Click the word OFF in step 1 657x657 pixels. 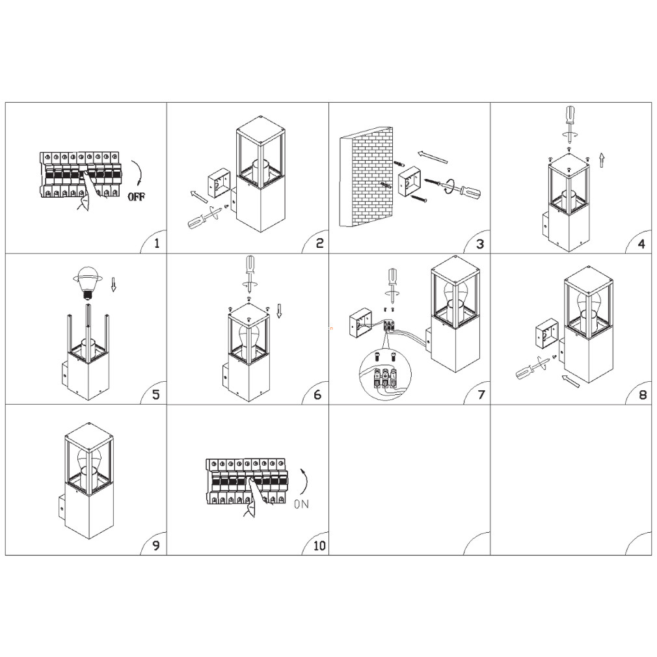pyautogui.click(x=137, y=196)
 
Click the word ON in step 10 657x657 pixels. pyautogui.click(x=301, y=503)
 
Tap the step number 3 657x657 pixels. pyautogui.click(x=480, y=244)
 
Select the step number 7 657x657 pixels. pyautogui.click(x=481, y=395)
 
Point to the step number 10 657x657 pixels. pyautogui.click(x=319, y=546)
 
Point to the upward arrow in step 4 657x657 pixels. pyautogui.click(x=602, y=160)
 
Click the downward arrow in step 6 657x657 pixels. pyautogui.click(x=280, y=310)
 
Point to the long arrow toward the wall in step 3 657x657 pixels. pyautogui.click(x=433, y=157)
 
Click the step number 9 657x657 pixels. pyautogui.click(x=156, y=546)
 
